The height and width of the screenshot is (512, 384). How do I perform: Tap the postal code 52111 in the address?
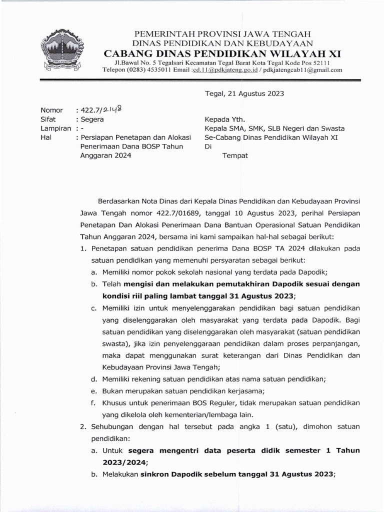[319, 62]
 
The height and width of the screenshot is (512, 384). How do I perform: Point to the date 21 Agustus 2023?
[255, 93]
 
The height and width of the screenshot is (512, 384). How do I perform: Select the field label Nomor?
[51, 110]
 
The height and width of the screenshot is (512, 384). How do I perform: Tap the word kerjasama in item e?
[242, 390]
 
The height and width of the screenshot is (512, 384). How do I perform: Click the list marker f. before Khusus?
[93, 402]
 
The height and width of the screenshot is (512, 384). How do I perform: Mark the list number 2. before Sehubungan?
[83, 426]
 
